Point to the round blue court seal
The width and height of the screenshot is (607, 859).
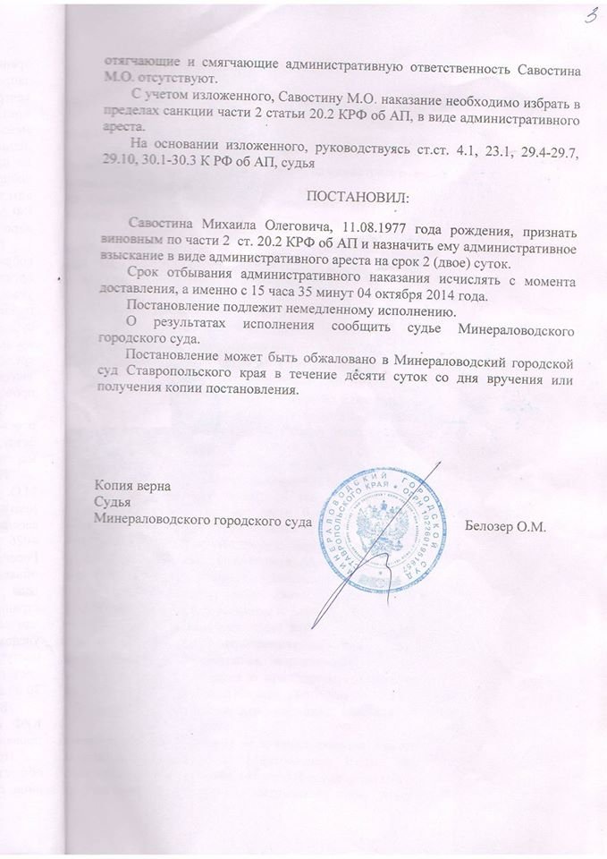click(382, 527)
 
